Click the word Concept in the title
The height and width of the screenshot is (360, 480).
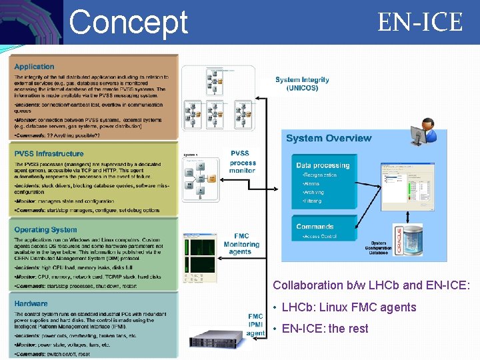(x=129, y=21)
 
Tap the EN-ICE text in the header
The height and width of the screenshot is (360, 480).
(x=420, y=22)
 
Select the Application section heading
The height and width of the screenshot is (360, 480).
(x=35, y=67)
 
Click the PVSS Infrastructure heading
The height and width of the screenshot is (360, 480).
(x=49, y=154)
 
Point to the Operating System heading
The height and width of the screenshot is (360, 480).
(x=46, y=230)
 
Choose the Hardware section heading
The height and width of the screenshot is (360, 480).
(x=31, y=303)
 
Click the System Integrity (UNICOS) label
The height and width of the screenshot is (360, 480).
(x=302, y=84)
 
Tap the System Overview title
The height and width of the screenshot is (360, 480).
(x=329, y=139)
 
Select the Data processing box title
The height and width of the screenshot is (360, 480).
(x=323, y=165)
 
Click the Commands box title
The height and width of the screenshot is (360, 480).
(x=315, y=227)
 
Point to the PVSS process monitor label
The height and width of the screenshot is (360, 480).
(x=242, y=162)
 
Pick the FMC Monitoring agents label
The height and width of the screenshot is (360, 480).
(x=242, y=244)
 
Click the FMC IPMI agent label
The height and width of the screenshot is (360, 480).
(x=255, y=324)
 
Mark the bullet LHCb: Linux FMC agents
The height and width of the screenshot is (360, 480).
(x=349, y=307)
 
